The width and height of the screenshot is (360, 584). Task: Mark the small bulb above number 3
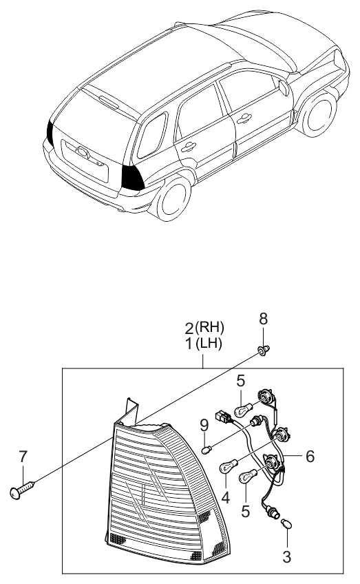coord(288,525)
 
